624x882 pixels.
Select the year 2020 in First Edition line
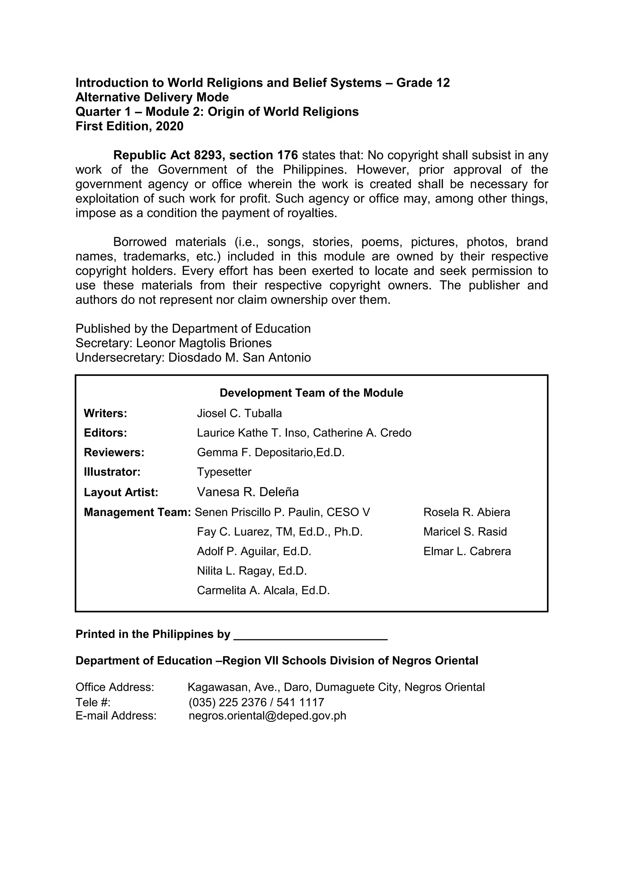point(169,126)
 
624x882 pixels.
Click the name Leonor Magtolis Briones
point(204,343)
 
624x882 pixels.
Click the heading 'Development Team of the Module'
point(311,393)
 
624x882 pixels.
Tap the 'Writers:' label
point(105,413)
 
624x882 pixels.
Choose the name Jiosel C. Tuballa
point(239,413)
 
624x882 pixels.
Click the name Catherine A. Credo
point(362,433)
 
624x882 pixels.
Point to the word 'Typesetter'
point(224,472)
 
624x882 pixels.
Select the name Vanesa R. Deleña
point(248,492)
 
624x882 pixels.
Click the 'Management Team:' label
point(137,513)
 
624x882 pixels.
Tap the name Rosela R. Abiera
point(466,513)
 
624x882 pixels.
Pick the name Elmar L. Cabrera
point(467,552)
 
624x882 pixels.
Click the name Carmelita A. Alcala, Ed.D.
point(263,591)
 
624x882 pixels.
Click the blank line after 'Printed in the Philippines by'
point(310,635)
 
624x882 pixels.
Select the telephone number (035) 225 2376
point(228,703)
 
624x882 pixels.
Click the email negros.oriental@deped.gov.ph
point(268,716)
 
